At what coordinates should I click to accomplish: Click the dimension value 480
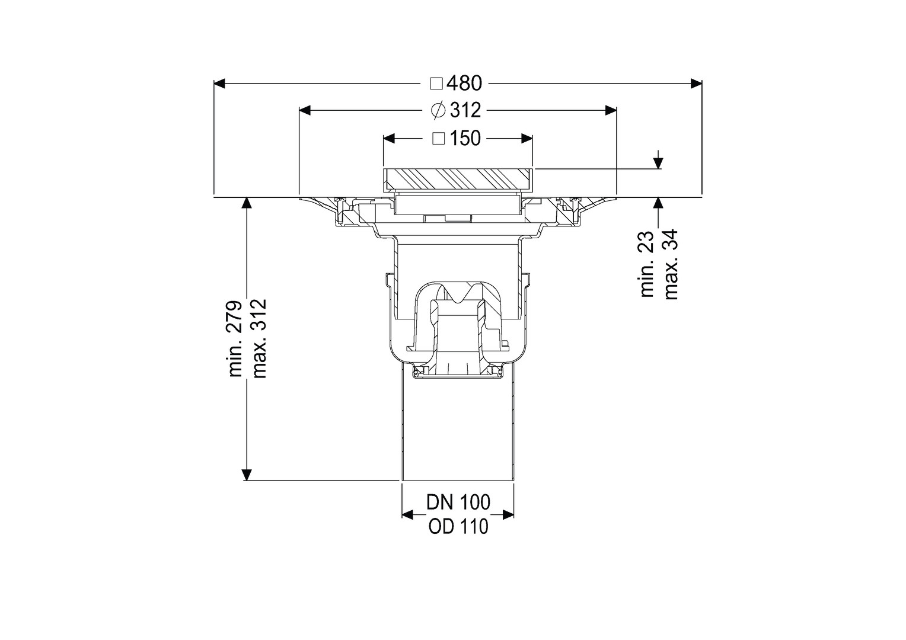click(x=465, y=84)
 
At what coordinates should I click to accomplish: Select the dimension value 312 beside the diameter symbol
click(x=465, y=110)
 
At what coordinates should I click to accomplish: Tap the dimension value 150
click(x=465, y=138)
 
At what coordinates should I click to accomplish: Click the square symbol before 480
click(x=437, y=84)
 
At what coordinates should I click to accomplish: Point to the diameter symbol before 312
click(x=438, y=110)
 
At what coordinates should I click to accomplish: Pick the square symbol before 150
click(x=439, y=139)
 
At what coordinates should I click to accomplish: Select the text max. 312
click(x=259, y=339)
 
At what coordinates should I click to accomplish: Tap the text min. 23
click(x=647, y=264)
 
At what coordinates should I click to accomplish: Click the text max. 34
click(x=671, y=264)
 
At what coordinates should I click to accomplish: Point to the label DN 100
click(x=458, y=502)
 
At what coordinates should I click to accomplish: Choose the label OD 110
click(x=459, y=527)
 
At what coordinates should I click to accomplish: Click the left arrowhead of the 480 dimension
click(x=219, y=84)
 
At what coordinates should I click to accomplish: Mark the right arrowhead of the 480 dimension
click(x=696, y=84)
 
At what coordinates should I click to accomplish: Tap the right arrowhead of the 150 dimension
click(x=527, y=139)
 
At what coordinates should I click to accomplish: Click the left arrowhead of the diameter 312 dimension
click(x=305, y=110)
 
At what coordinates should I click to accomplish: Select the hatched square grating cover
click(x=458, y=179)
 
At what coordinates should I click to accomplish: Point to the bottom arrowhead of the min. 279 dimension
click(x=247, y=475)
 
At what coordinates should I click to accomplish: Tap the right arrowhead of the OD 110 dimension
click(x=508, y=515)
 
